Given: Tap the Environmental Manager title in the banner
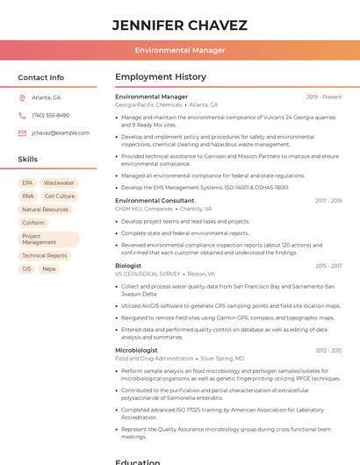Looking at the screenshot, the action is [x=180, y=50].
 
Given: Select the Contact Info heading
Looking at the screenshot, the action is [x=41, y=77].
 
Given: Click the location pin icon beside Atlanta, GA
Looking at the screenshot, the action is [x=22, y=97].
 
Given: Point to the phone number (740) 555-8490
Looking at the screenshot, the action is [x=50, y=115].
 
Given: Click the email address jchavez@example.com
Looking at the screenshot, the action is [x=61, y=132].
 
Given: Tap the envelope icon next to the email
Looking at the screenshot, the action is [x=22, y=132].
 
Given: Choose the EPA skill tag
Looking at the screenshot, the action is [x=28, y=182].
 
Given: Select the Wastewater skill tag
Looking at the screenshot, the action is [x=59, y=182].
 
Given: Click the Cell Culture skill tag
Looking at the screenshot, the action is [x=60, y=196].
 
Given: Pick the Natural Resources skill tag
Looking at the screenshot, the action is [x=45, y=210].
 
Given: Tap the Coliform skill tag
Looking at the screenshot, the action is [x=33, y=223].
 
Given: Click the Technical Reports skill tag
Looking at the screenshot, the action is [x=45, y=255].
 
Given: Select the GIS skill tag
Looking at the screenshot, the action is [x=26, y=268].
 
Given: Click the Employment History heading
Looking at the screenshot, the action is [x=161, y=77].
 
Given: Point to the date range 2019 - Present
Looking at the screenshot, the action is [x=324, y=97].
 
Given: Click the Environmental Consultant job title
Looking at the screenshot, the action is [x=155, y=201].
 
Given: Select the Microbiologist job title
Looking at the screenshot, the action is [x=136, y=350].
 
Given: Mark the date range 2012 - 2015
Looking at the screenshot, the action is [x=328, y=350].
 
